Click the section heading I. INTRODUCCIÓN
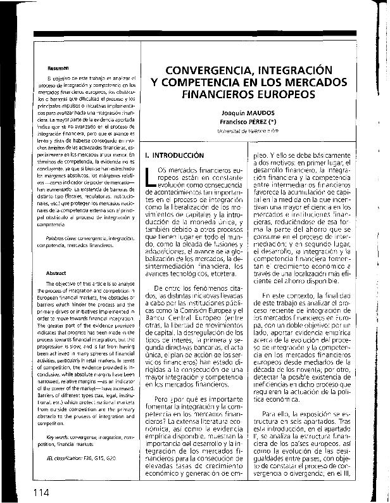pos(175,155)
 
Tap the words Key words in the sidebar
pos(51,436)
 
